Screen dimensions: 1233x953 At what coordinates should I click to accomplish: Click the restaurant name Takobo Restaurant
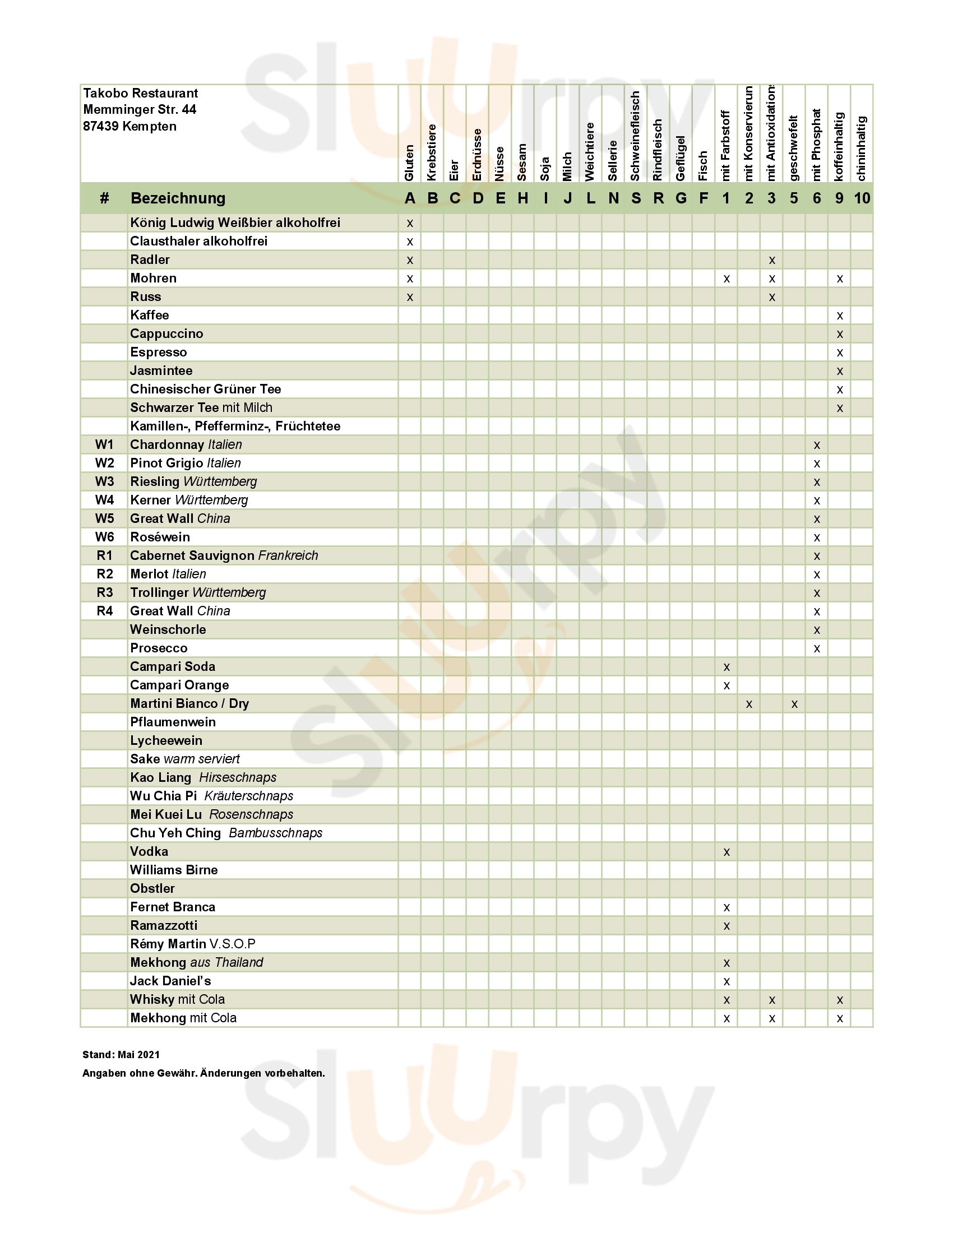click(141, 93)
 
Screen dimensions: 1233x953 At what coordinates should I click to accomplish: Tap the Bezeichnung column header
click(178, 198)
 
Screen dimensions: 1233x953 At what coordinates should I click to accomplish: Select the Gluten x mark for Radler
click(410, 260)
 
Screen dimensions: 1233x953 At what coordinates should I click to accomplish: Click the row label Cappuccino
click(166, 333)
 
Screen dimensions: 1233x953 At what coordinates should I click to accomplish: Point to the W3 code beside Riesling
click(104, 481)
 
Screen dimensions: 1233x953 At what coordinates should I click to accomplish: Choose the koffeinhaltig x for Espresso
click(840, 353)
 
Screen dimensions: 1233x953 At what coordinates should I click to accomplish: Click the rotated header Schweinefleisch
click(635, 136)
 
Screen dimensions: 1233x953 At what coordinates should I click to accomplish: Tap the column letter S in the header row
click(636, 198)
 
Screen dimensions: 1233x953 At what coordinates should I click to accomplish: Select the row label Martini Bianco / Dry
click(189, 703)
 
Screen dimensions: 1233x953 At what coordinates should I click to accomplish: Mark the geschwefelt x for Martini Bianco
click(794, 704)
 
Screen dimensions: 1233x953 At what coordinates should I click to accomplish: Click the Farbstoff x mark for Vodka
click(727, 852)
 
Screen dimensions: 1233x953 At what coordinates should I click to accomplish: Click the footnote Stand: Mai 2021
click(121, 1055)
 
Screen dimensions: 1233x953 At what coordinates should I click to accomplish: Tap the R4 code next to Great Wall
click(104, 611)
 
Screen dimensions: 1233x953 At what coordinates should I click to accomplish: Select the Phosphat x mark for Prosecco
click(817, 648)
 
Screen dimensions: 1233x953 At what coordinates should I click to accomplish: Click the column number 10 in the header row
click(862, 198)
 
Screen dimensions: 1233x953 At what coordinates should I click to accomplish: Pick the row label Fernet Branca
click(173, 907)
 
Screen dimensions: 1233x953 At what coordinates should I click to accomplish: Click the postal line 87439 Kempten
click(130, 127)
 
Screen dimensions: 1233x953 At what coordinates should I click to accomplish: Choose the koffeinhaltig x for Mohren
click(840, 279)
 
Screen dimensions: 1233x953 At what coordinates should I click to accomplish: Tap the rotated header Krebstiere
click(432, 152)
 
